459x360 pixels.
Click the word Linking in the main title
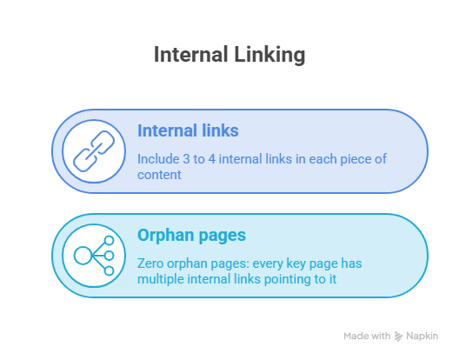coord(269,55)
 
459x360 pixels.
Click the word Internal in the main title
coord(191,55)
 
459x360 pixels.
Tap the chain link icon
coord(94,151)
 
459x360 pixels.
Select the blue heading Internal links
coord(188,130)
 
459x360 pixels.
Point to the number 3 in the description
coord(186,159)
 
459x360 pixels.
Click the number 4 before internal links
coord(212,159)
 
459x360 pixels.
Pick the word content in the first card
coord(159,175)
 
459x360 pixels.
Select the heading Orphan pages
coord(191,235)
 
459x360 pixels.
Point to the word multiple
coord(161,279)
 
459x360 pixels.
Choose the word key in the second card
coord(296,264)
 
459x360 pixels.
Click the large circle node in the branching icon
coord(83,256)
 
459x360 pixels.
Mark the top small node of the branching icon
coord(109,241)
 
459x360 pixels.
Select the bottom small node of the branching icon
coord(109,271)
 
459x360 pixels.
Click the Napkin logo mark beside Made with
coord(398,337)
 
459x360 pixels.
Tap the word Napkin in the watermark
coord(422,337)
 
